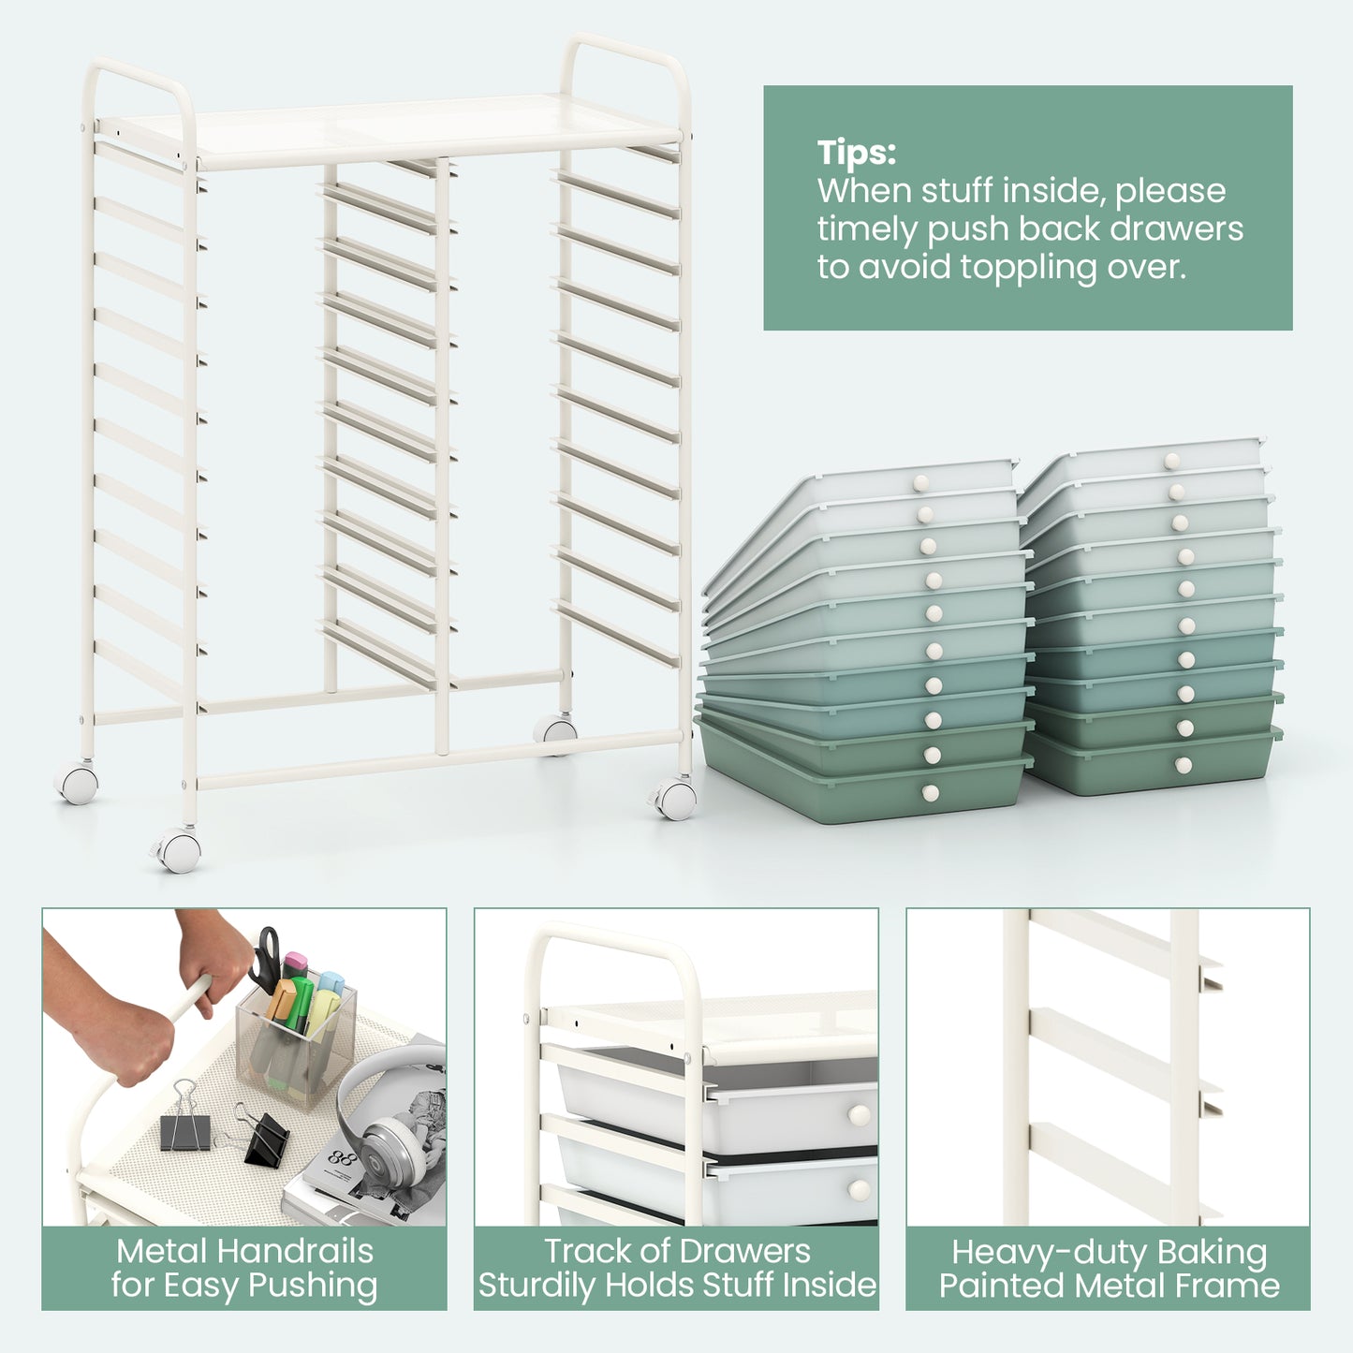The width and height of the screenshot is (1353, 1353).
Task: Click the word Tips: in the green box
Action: coord(856,153)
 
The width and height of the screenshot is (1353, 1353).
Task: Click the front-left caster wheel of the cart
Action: coord(180,850)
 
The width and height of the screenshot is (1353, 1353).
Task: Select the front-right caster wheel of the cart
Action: coord(675,800)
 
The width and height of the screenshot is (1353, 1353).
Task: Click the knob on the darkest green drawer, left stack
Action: coord(930,794)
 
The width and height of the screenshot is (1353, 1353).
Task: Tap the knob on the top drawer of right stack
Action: coord(1171,461)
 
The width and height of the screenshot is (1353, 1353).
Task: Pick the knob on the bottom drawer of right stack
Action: coord(1184,765)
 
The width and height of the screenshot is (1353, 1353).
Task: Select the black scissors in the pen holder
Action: coord(265,960)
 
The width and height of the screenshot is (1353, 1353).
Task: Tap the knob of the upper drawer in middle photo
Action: coord(859,1115)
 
